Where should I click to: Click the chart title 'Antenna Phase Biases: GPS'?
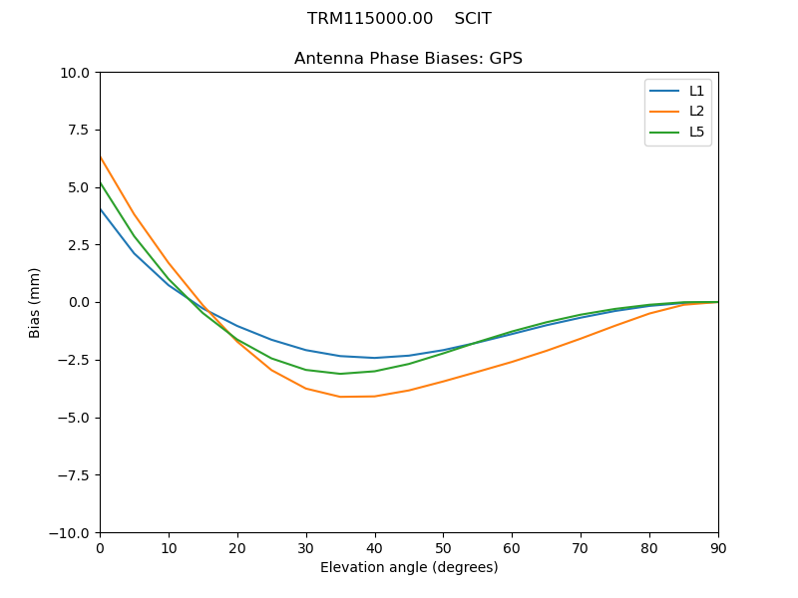point(408,59)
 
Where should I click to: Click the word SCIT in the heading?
point(473,19)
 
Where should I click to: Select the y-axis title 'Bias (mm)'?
point(35,302)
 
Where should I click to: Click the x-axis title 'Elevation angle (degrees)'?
point(409,568)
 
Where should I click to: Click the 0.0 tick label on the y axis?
point(79,303)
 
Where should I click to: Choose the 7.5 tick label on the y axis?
point(79,131)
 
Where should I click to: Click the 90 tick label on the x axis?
point(718,548)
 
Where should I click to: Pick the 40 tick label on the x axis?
point(375,548)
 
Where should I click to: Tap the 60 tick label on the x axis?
point(512,548)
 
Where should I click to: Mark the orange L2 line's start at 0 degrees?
point(100,156)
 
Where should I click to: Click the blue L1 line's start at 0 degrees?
point(100,208)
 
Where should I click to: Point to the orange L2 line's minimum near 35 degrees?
point(340,397)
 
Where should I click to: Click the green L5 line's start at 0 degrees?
point(100,182)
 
